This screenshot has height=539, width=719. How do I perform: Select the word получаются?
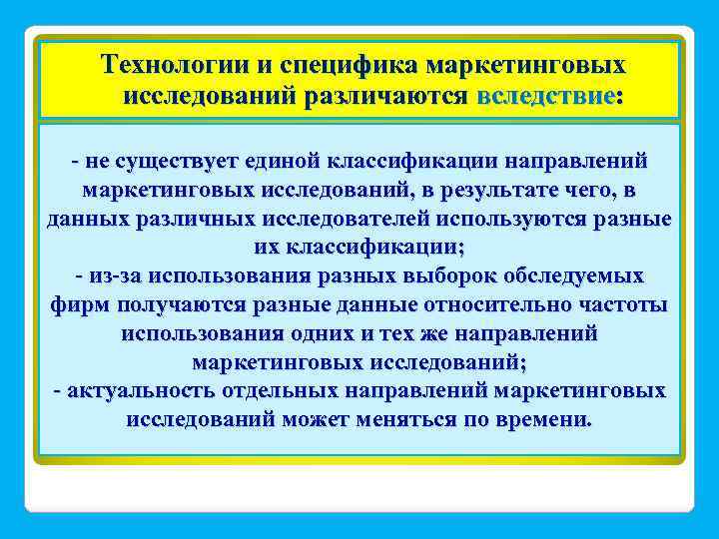[x=176, y=304]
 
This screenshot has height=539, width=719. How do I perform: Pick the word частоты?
[x=625, y=304]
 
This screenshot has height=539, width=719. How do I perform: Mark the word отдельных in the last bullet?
[x=278, y=390]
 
